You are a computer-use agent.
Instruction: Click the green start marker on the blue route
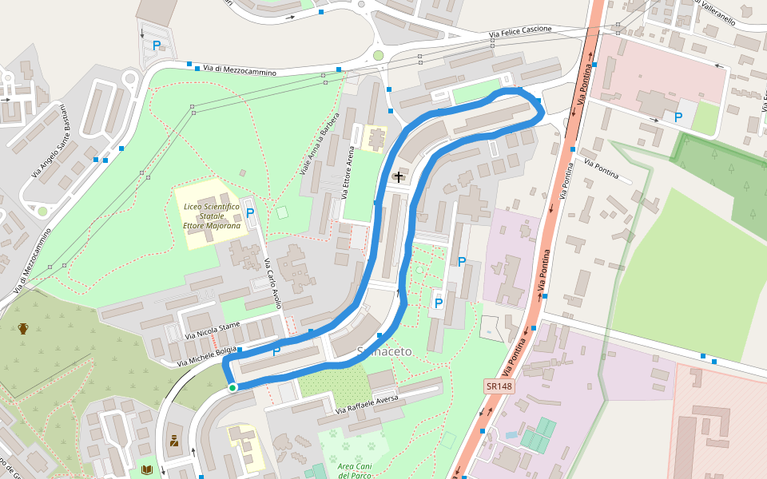(232, 388)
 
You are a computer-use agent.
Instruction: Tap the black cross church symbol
(399, 176)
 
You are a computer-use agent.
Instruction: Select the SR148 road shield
(499, 386)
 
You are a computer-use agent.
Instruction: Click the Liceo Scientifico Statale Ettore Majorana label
(212, 216)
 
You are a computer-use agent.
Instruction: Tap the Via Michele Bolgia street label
(208, 355)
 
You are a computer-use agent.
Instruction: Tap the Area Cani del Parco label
(356, 470)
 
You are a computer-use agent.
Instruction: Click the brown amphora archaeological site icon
(23, 328)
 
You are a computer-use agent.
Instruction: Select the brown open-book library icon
(146, 469)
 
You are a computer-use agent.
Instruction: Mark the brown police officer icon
(173, 440)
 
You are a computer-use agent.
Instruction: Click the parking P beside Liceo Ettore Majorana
(250, 213)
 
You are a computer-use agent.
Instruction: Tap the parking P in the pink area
(678, 117)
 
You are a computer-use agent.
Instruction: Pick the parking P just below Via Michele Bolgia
(276, 351)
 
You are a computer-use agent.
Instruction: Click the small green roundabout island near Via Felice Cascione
(378, 55)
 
